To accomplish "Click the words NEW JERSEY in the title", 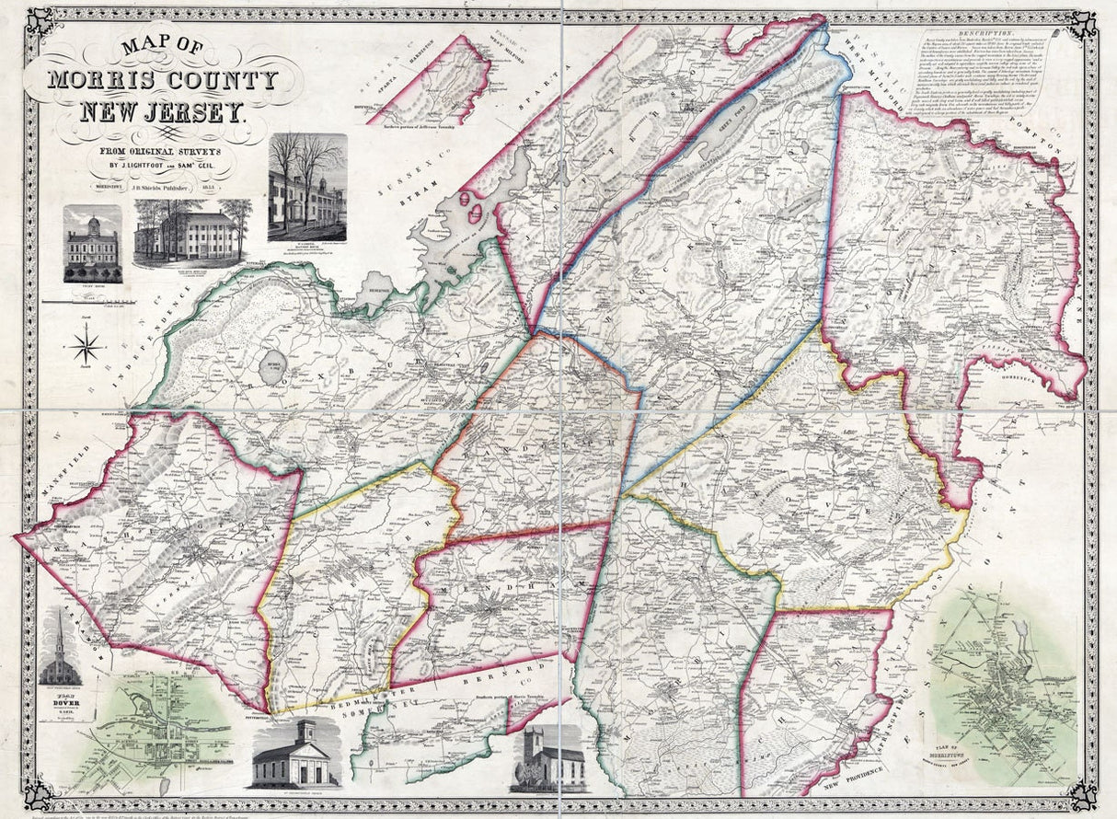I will click(x=163, y=113).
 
